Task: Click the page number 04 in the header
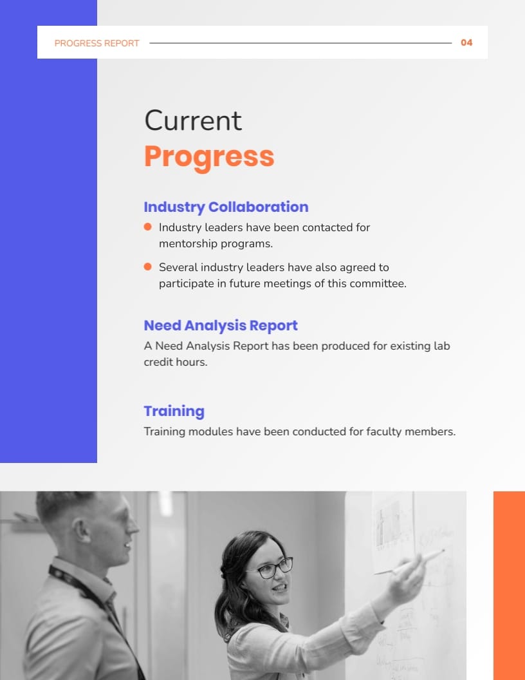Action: (466, 42)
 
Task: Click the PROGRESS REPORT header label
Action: (97, 43)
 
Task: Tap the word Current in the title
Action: (193, 120)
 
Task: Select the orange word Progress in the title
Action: (209, 156)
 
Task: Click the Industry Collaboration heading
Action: (226, 207)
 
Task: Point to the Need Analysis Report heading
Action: (221, 325)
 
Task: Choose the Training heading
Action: (174, 411)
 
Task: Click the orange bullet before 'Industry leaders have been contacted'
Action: (147, 227)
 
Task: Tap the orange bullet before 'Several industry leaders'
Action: (147, 267)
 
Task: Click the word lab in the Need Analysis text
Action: (442, 346)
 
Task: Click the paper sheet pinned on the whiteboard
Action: (392, 531)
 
